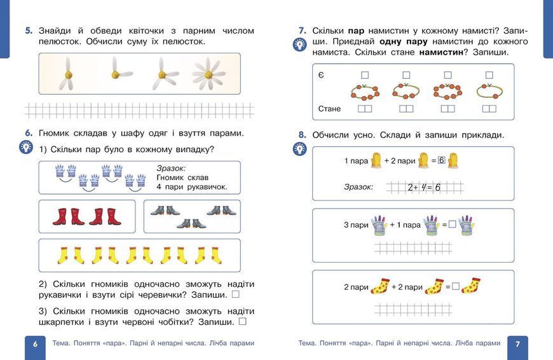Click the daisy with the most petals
[208, 74]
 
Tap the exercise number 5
[29, 31]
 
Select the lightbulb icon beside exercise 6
[26, 147]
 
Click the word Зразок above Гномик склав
[171, 169]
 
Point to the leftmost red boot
[60, 217]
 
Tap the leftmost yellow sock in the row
[63, 256]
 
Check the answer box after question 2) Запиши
[236, 294]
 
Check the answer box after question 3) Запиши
[243, 321]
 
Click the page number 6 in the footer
[35, 344]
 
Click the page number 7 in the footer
[517, 344]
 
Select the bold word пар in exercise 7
[356, 31]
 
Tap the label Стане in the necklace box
[329, 109]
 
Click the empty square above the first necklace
[365, 75]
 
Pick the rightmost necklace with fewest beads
[489, 91]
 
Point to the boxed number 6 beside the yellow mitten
[442, 160]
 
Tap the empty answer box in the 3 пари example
[452, 224]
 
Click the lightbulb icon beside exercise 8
[300, 149]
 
